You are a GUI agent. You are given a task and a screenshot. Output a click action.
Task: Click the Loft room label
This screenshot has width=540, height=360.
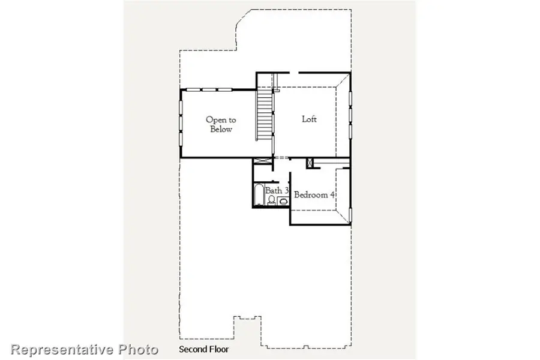[309, 119]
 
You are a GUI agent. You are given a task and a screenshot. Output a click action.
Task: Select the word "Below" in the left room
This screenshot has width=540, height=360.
[221, 129]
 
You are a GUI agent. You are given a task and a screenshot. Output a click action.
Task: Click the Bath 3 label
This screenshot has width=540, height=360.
[277, 190]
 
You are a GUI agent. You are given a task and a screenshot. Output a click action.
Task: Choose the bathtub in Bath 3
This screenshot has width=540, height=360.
[259, 196]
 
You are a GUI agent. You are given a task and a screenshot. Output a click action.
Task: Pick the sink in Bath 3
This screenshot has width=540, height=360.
[283, 201]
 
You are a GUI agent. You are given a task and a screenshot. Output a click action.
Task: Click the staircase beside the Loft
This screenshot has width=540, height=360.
[265, 114]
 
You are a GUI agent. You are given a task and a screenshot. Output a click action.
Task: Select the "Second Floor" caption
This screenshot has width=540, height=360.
[204, 349]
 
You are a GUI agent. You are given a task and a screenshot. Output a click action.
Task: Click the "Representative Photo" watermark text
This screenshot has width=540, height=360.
[85, 349]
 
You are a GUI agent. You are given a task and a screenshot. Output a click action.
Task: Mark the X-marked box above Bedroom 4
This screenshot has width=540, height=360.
[310, 163]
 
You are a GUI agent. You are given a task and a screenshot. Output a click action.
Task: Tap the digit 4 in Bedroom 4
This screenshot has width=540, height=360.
[332, 194]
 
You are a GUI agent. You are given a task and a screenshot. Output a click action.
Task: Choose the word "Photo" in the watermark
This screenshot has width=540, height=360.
[137, 349]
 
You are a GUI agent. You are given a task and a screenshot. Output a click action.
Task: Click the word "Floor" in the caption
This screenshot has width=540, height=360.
[219, 349]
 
